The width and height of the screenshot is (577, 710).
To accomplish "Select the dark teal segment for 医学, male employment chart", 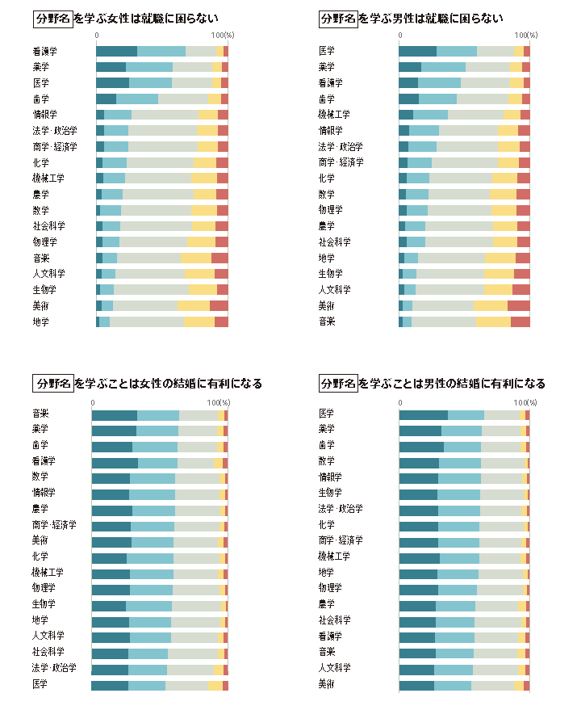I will tap(417, 52).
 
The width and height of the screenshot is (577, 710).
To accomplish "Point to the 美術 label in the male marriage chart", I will tap(327, 684).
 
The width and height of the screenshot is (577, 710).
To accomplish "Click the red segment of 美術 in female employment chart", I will tap(219, 306).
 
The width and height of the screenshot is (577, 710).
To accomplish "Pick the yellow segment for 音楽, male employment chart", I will tap(492, 322).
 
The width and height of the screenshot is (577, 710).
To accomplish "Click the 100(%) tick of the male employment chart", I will tap(525, 36).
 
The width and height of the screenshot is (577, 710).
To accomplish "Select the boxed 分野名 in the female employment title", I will tap(52, 19).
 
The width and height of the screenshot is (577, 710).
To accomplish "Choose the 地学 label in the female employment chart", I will tap(40, 322).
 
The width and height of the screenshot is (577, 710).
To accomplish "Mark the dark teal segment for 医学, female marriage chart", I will tap(110, 685).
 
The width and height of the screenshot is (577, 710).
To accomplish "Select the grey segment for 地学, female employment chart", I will tap(146, 322).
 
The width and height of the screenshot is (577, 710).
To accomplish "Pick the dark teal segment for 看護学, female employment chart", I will tap(116, 52).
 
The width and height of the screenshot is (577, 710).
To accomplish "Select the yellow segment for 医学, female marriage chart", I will tap(215, 685).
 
